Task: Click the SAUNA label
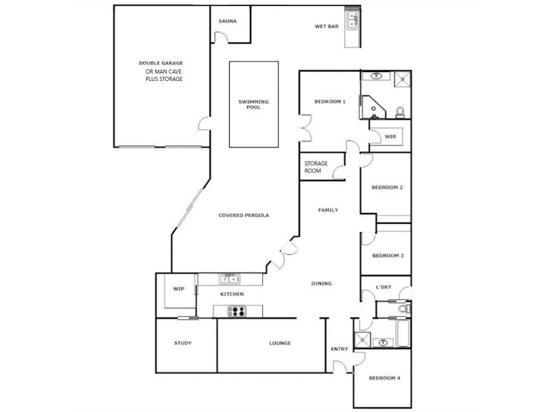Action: pyautogui.click(x=227, y=21)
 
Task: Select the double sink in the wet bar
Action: pyautogui.click(x=353, y=20)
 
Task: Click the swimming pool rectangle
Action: pyautogui.click(x=254, y=104)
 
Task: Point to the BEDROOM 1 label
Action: pyautogui.click(x=329, y=102)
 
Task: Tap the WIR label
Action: pyautogui.click(x=390, y=137)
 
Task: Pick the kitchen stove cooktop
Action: pyautogui.click(x=237, y=311)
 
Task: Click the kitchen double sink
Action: pyautogui.click(x=229, y=279)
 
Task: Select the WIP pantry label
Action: pyautogui.click(x=178, y=289)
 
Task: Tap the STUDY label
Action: pyautogui.click(x=183, y=343)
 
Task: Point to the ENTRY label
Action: pyautogui.click(x=339, y=349)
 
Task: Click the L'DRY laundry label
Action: pyautogui.click(x=384, y=287)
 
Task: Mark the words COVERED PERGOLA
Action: pyautogui.click(x=244, y=215)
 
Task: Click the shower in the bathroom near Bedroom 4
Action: pyautogui.click(x=361, y=339)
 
